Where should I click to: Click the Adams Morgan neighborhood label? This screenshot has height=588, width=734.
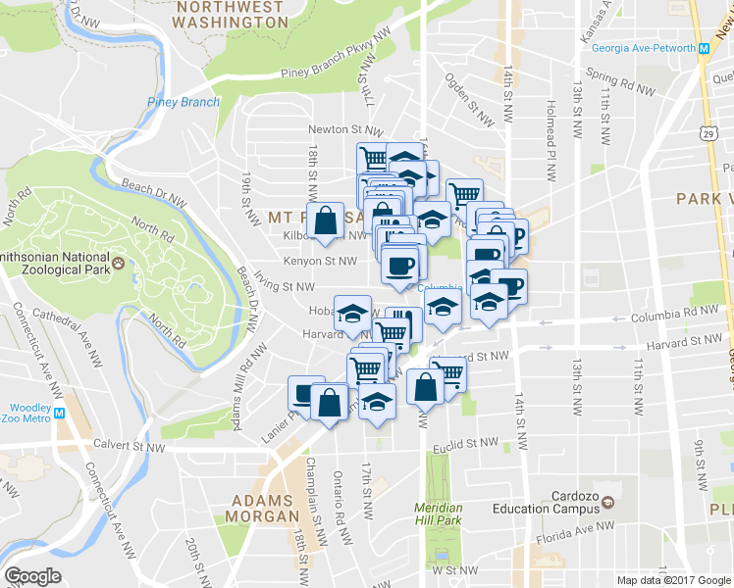262,508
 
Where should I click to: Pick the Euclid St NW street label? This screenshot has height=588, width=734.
469,444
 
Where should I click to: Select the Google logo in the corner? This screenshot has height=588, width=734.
33,575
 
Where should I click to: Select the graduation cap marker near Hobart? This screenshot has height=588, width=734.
352,314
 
